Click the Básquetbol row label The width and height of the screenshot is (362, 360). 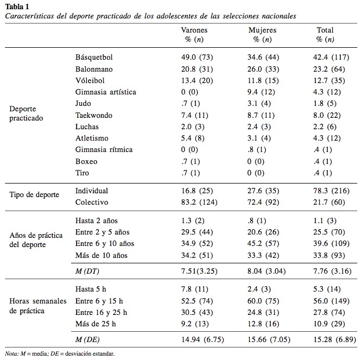[94, 57]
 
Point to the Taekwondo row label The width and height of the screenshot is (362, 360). [94, 115]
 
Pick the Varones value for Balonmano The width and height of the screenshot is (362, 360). [197, 69]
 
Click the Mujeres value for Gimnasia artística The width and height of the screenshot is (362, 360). [261, 92]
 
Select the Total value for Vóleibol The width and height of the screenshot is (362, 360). [329, 80]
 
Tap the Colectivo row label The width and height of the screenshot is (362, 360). [92, 202]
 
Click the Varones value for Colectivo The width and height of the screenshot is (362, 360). [199, 202]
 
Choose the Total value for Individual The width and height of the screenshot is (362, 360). [331, 191]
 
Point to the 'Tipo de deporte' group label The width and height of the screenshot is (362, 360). [34, 195]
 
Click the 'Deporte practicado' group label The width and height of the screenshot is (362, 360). [26, 113]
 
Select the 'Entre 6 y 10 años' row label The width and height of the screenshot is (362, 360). [105, 243]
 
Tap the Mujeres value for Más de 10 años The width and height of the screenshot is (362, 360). [263, 255]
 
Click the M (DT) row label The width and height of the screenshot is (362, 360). [87, 271]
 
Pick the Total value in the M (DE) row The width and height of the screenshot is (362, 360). [334, 339]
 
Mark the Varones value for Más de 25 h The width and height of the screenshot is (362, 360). [195, 324]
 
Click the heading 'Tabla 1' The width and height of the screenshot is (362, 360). [17, 7]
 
